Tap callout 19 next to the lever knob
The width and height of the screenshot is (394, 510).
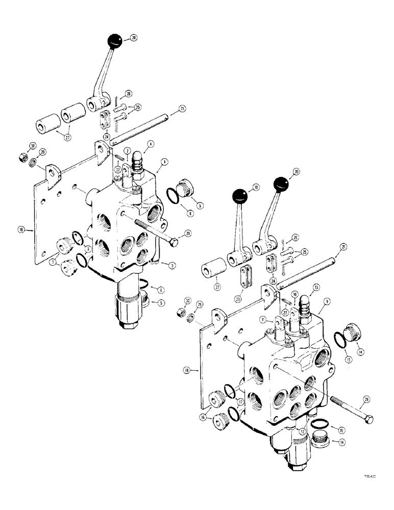pyautogui.click(x=256, y=188)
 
